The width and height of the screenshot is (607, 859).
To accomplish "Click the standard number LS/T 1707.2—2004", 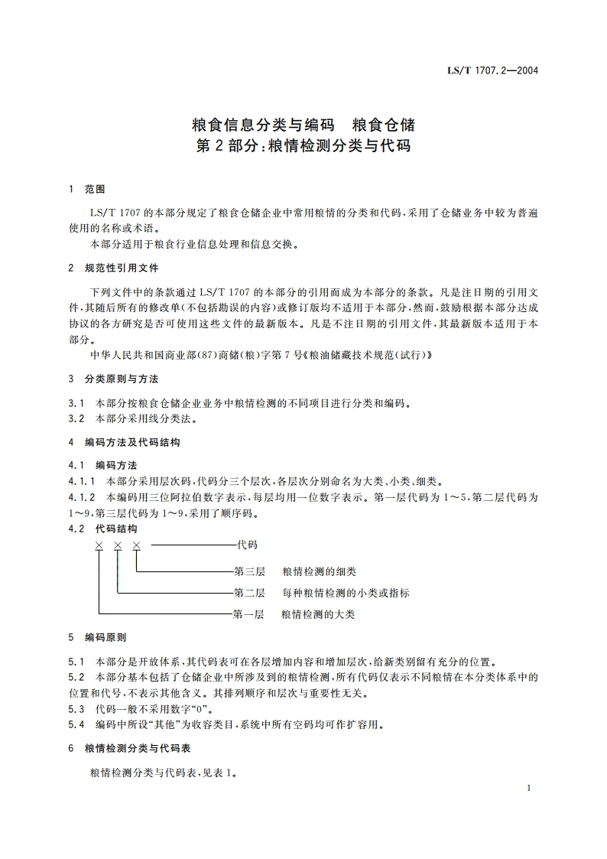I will tap(493, 70).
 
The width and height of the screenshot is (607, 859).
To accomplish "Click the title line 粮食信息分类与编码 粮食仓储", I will tap(303, 123).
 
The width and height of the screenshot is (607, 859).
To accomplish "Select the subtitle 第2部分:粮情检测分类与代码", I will tap(303, 145).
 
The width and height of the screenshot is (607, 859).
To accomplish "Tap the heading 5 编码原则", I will tap(97, 636).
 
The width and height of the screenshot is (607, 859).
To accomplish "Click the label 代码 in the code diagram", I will tap(248, 545).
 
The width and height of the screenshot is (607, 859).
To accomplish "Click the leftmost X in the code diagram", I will tap(99, 545).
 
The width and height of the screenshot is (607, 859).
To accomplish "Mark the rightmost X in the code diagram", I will tap(136, 545).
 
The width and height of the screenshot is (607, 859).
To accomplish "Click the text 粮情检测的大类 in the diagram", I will tap(318, 614).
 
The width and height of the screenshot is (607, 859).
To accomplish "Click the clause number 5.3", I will tap(76, 708).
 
